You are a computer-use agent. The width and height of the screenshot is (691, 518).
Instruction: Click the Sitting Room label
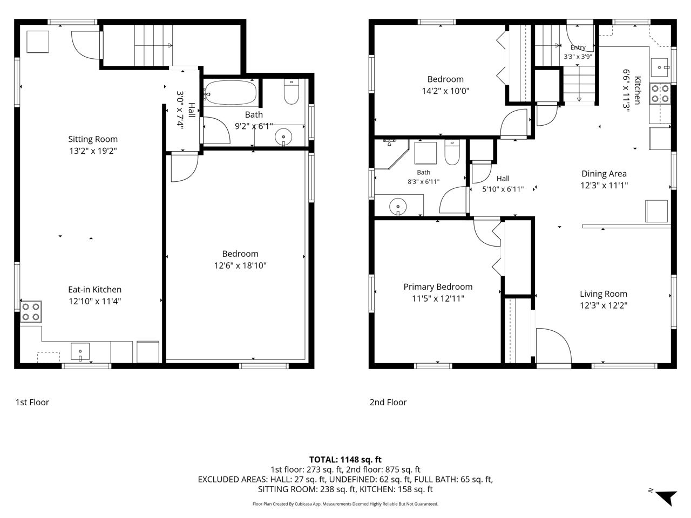pos(93,139)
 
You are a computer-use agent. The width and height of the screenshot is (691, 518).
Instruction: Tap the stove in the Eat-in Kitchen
pos(31,312)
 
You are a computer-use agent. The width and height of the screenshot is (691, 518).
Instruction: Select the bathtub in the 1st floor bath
pos(231,92)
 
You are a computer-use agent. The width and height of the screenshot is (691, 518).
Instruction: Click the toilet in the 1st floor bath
pos(291,92)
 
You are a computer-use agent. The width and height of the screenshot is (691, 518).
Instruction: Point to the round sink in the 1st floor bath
pos(283,137)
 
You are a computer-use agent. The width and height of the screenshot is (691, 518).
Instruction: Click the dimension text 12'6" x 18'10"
pos(240,265)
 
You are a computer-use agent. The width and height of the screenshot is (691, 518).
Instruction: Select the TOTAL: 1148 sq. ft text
pos(345,460)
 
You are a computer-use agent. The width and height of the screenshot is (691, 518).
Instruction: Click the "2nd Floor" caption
pos(388,402)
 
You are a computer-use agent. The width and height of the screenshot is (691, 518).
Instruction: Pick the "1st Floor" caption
pos(32,402)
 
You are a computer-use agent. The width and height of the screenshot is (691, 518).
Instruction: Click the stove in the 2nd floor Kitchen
pos(660,93)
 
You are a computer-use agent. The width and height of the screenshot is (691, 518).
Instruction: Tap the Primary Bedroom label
pos(438,287)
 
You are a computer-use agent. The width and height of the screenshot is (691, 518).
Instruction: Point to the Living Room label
pos(604,294)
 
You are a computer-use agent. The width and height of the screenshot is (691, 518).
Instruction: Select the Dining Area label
pos(604,174)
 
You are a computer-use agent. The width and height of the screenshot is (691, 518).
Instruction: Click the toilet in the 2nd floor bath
pos(452,153)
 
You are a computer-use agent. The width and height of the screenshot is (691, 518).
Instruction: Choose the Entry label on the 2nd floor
pos(578,47)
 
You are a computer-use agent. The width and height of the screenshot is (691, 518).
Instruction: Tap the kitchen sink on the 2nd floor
pos(659,67)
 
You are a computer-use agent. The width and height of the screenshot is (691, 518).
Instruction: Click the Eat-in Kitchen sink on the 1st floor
pos(80,351)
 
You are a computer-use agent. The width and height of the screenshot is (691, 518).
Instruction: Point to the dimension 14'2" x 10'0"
pos(445,91)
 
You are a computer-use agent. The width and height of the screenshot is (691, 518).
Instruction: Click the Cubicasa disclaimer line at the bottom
pos(345,504)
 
